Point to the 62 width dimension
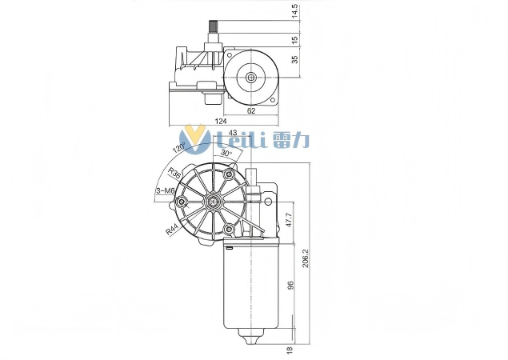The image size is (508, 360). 251,111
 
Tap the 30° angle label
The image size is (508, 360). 226,152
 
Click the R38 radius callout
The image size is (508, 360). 174,174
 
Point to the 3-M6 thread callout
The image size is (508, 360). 166,190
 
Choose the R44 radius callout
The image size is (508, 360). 173,230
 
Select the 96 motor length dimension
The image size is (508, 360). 290,286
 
